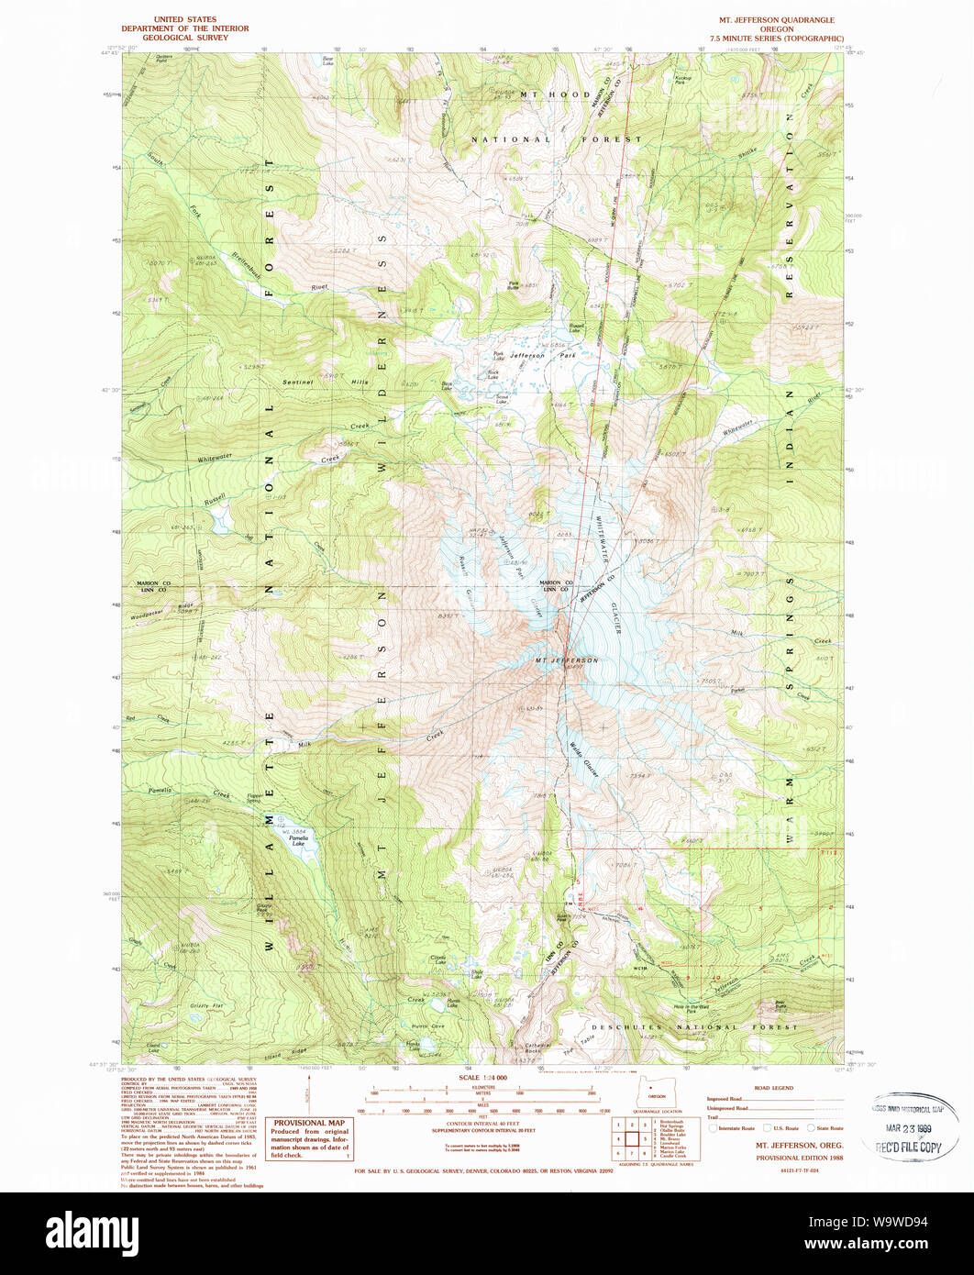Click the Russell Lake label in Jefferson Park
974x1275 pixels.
pyautogui.click(x=576, y=327)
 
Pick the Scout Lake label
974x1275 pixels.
pyautogui.click(x=502, y=399)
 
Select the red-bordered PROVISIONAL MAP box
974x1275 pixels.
pyautogui.click(x=311, y=1138)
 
